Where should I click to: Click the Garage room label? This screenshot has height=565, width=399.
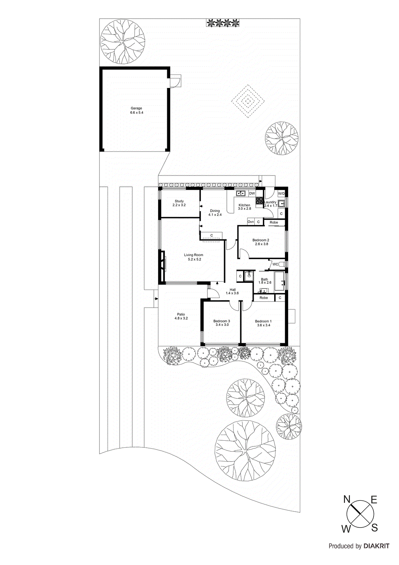pyautogui.click(x=137, y=108)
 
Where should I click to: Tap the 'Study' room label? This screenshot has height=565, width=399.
pyautogui.click(x=179, y=201)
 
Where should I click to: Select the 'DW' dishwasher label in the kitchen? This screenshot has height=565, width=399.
pyautogui.click(x=252, y=194)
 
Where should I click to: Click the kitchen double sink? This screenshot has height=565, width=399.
pyautogui.click(x=241, y=193)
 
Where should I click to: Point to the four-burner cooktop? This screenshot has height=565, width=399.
pyautogui.click(x=260, y=201)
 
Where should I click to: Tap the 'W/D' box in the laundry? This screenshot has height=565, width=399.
pyautogui.click(x=282, y=194)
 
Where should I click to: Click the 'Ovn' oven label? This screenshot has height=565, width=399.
pyautogui.click(x=251, y=222)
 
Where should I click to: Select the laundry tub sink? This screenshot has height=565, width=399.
pyautogui.click(x=281, y=203)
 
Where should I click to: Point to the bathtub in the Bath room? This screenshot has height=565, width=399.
pyautogui.click(x=280, y=281)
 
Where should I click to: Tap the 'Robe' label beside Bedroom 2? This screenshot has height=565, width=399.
pyautogui.click(x=274, y=222)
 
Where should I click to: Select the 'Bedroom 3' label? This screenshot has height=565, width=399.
pyautogui.click(x=222, y=321)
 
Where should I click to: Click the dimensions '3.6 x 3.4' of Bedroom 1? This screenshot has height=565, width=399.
pyautogui.click(x=264, y=325)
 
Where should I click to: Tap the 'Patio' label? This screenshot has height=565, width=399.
pyautogui.click(x=181, y=314)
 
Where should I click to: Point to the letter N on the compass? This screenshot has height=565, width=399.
pyautogui.click(x=347, y=499)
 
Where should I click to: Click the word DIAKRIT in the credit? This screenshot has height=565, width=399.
pyautogui.click(x=376, y=546)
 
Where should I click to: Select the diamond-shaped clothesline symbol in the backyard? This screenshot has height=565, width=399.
pyautogui.click(x=248, y=101)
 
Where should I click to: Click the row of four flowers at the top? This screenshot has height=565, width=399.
pyautogui.click(x=223, y=23)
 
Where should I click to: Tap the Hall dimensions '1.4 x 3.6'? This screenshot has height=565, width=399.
pyautogui.click(x=232, y=293)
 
